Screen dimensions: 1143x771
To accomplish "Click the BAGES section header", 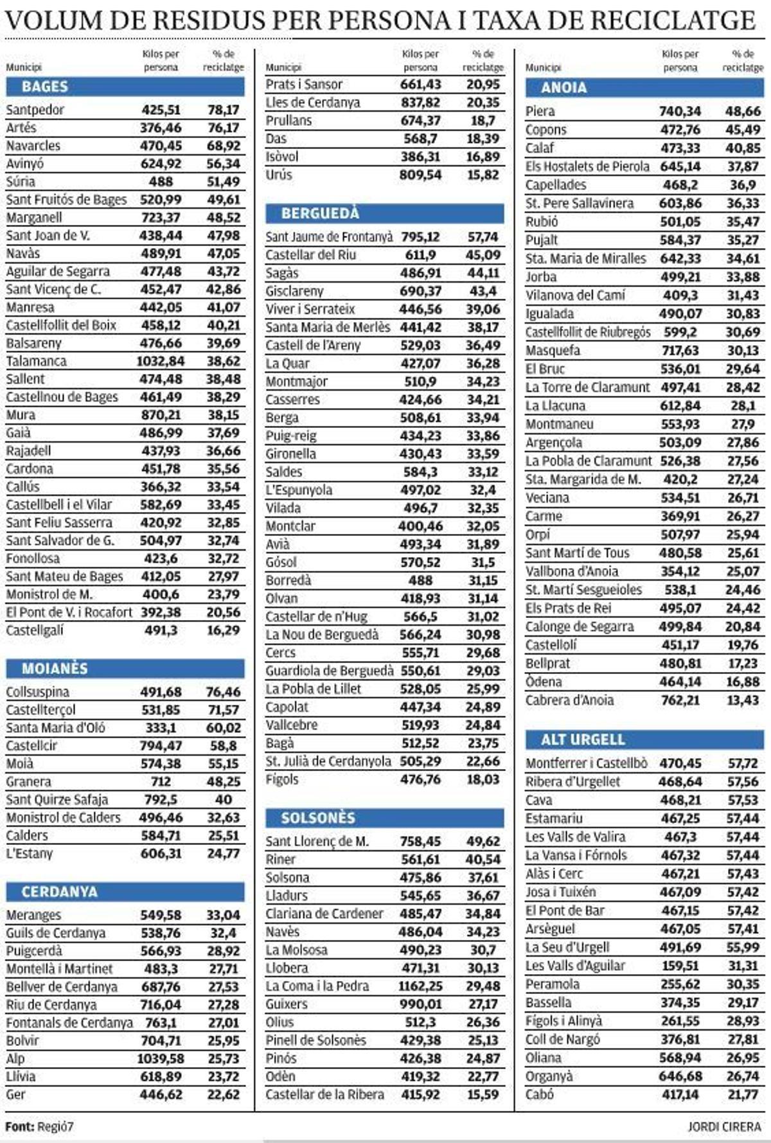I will coord(44,87).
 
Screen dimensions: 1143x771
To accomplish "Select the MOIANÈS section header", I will coord(55,669).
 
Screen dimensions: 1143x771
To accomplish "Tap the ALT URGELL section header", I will coord(583,740).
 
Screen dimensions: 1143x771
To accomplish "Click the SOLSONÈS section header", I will coord(318,818).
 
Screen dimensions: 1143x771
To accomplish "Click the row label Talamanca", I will coord(36,361).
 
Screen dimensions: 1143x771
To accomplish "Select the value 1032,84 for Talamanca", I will coord(160,361).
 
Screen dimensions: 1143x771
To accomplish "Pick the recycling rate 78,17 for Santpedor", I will coord(223,110).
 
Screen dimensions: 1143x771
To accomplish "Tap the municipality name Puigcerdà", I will coord(34,951).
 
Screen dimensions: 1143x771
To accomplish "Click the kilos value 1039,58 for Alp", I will coord(160,1059).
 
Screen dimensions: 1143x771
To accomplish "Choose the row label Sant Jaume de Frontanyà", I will coord(329,237).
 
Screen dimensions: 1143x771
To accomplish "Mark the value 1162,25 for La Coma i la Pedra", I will coord(420,986).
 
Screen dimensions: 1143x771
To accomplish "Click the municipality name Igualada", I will coord(549,314).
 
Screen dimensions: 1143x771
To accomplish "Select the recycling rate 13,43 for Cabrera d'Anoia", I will coord(743,700).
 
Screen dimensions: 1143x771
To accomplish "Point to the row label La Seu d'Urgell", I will coord(567,948).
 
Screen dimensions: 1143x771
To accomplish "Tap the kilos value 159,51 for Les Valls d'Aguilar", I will coord(680,966).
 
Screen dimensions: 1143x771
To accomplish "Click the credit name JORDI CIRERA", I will coord(724,1126).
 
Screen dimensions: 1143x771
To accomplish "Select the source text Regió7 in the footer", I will coord(55,1126).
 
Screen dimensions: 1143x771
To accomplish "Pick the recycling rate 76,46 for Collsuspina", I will coord(223,692).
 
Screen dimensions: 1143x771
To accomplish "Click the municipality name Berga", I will coord(282,418).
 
